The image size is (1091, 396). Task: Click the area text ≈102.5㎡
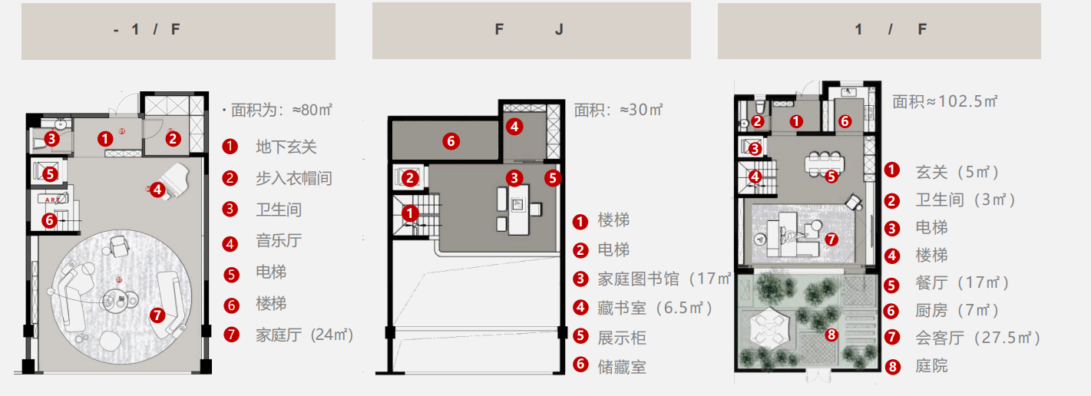click(x=944, y=101)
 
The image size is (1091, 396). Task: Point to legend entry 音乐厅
click(x=278, y=241)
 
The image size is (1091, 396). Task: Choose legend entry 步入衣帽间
click(x=293, y=178)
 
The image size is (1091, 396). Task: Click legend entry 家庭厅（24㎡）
click(x=304, y=335)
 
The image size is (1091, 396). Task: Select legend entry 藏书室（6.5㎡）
click(x=655, y=308)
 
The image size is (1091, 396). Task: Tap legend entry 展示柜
click(x=622, y=337)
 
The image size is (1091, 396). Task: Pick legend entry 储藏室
click(x=622, y=366)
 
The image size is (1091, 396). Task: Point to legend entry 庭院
click(x=931, y=365)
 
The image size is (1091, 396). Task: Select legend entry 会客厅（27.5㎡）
click(x=977, y=338)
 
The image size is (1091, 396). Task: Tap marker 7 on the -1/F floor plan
click(x=157, y=315)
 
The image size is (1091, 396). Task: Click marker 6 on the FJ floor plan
click(x=451, y=140)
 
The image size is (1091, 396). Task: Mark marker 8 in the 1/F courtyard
click(x=830, y=335)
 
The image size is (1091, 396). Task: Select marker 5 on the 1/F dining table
click(x=830, y=177)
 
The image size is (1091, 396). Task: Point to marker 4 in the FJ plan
click(x=514, y=127)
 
